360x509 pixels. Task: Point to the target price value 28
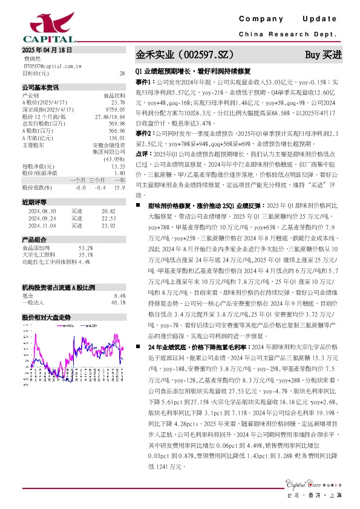coord(123,73)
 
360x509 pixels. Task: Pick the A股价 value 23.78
coord(119,102)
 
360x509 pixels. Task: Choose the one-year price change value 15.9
coord(120,187)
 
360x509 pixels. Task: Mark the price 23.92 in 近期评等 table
coord(108,225)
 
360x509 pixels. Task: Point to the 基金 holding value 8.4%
coord(119,295)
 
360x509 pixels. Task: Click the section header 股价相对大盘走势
coord(46,317)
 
